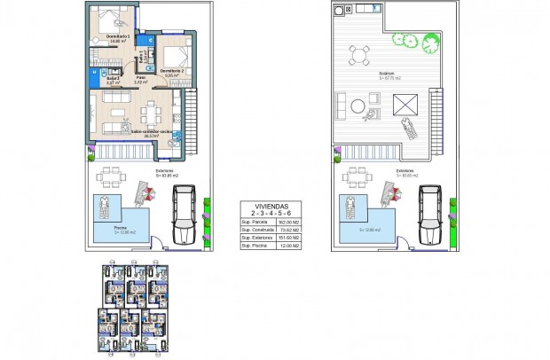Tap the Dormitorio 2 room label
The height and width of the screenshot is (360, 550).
pyautogui.click(x=172, y=73)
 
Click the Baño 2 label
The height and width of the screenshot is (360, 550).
pyautogui.click(x=101, y=80)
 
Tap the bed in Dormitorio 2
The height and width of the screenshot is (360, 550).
pyautogui.click(x=173, y=46)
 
